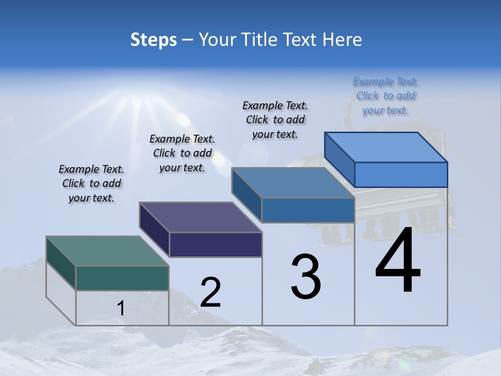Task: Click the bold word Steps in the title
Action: (x=153, y=40)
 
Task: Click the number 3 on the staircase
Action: (x=306, y=277)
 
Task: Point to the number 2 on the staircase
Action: (x=210, y=292)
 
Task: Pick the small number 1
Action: (x=121, y=309)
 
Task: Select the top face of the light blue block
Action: (x=386, y=147)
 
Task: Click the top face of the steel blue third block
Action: (x=293, y=183)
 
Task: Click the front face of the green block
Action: (x=122, y=278)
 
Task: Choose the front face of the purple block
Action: (x=216, y=244)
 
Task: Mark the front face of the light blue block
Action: (x=401, y=174)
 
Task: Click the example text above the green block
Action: (x=91, y=183)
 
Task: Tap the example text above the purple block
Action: (x=182, y=153)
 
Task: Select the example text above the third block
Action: (x=275, y=120)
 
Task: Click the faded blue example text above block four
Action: (x=385, y=96)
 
